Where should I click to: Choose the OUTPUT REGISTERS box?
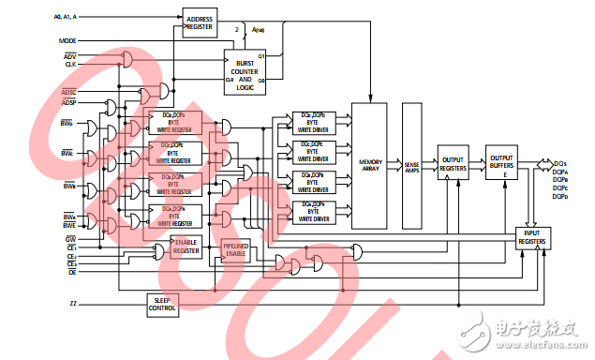(x=454, y=162)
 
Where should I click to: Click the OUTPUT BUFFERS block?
(x=501, y=162)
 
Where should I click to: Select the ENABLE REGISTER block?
(x=186, y=247)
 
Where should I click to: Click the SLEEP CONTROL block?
(x=163, y=304)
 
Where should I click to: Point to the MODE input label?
(x=67, y=41)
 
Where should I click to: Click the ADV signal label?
(x=70, y=56)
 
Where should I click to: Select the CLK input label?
(x=70, y=64)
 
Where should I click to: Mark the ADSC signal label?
(x=69, y=92)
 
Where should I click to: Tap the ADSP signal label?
(x=69, y=101)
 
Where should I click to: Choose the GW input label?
(x=70, y=239)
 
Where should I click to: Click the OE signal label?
(x=71, y=272)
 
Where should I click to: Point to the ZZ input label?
(x=73, y=304)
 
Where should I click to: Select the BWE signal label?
(x=69, y=225)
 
